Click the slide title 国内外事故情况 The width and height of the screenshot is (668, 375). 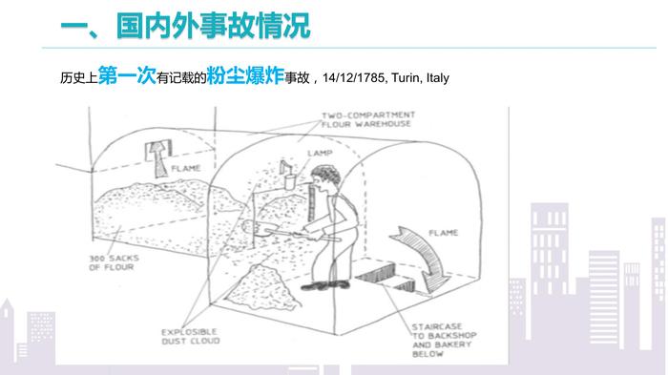[214, 26]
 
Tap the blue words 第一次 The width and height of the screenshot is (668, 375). [127, 75]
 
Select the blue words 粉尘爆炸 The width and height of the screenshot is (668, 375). [245, 75]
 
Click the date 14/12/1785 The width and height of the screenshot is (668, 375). [353, 78]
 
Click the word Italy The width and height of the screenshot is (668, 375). [437, 78]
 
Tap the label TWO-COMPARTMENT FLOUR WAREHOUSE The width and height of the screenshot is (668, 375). [367, 119]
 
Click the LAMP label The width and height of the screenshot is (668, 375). [320, 153]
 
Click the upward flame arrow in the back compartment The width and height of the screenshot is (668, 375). [159, 159]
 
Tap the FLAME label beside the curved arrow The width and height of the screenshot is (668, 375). [443, 233]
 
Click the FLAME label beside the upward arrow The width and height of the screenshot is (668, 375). [186, 168]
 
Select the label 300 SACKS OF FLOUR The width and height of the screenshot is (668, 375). [114, 262]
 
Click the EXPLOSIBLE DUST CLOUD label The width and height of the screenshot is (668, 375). [191, 336]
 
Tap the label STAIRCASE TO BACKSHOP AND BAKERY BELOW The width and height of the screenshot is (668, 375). [444, 340]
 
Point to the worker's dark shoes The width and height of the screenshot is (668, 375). [325, 284]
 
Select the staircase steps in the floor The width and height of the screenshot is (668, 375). [386, 277]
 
